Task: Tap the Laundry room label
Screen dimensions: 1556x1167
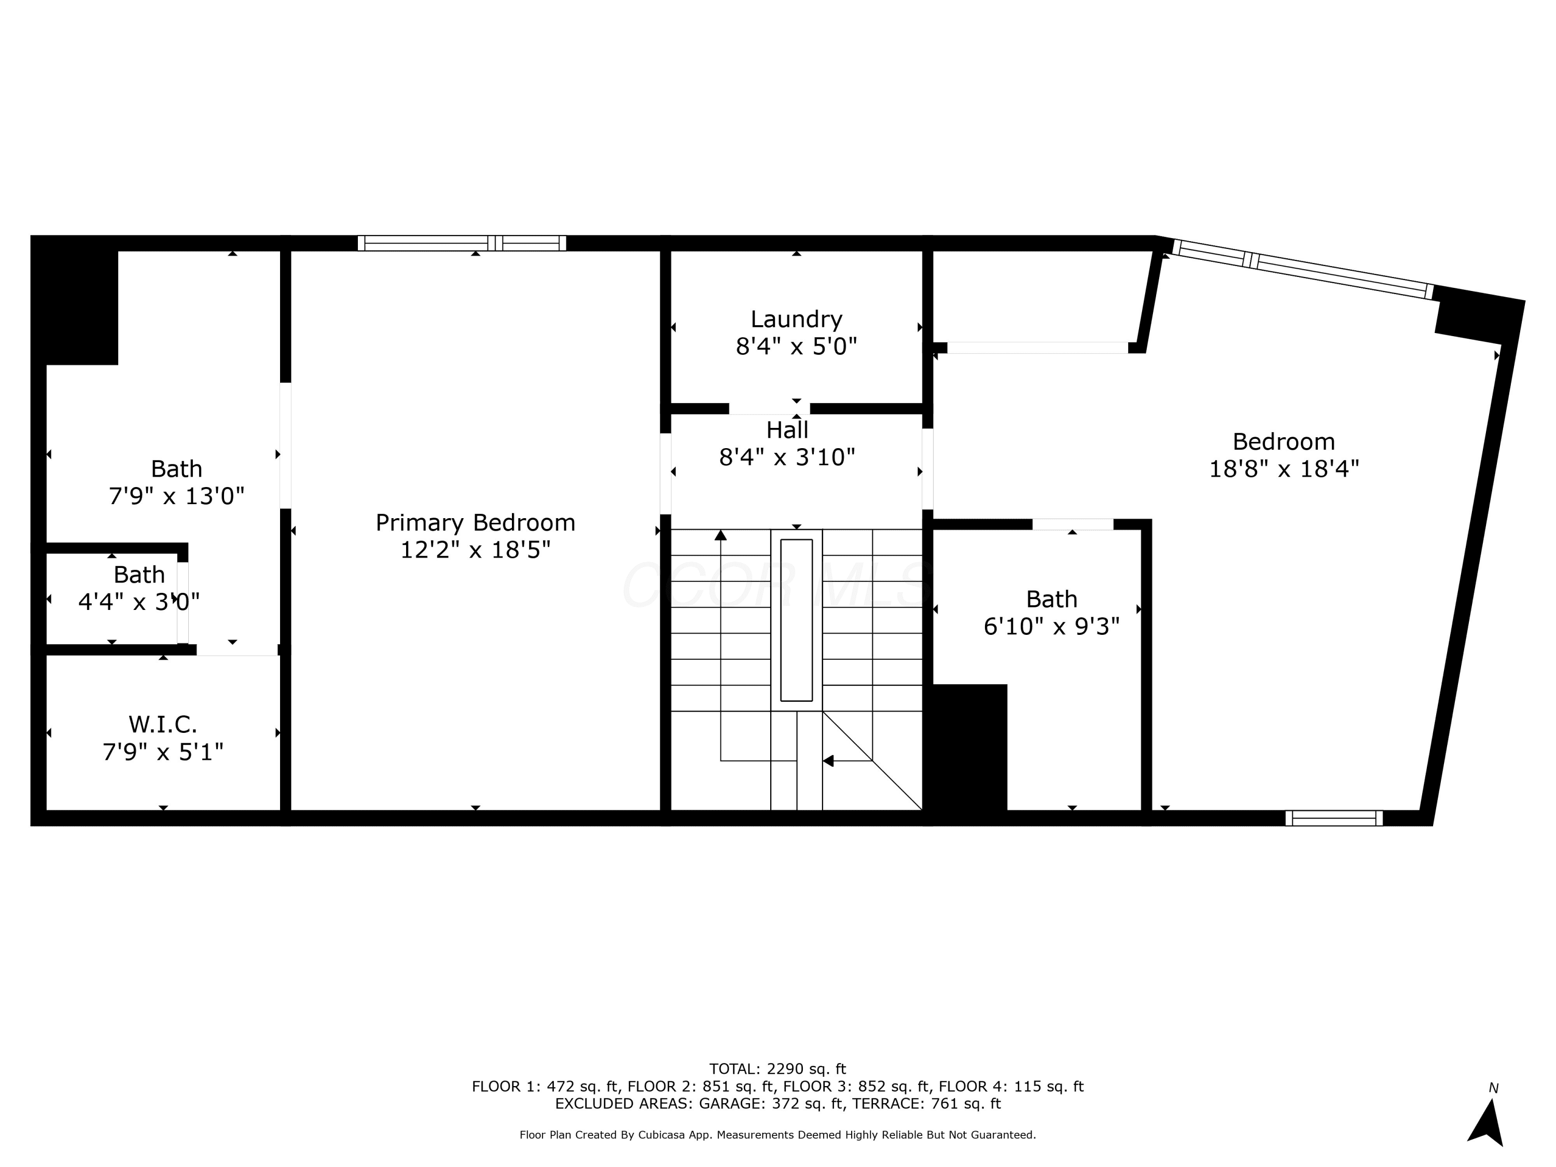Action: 796,319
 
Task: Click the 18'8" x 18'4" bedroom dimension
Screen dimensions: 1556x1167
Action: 1284,468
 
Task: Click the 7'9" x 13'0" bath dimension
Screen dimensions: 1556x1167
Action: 176,496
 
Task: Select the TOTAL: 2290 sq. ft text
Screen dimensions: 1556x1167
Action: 777,1069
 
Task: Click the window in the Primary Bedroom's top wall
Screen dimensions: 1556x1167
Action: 462,243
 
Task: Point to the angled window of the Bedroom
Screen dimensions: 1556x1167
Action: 1302,269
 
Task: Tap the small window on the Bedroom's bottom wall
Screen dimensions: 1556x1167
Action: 1333,818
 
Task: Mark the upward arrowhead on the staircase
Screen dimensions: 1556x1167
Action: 720,535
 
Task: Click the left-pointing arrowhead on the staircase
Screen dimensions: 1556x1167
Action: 828,760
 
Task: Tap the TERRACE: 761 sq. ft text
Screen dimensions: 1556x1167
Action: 926,1103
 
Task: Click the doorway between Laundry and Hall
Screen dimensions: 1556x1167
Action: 770,409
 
